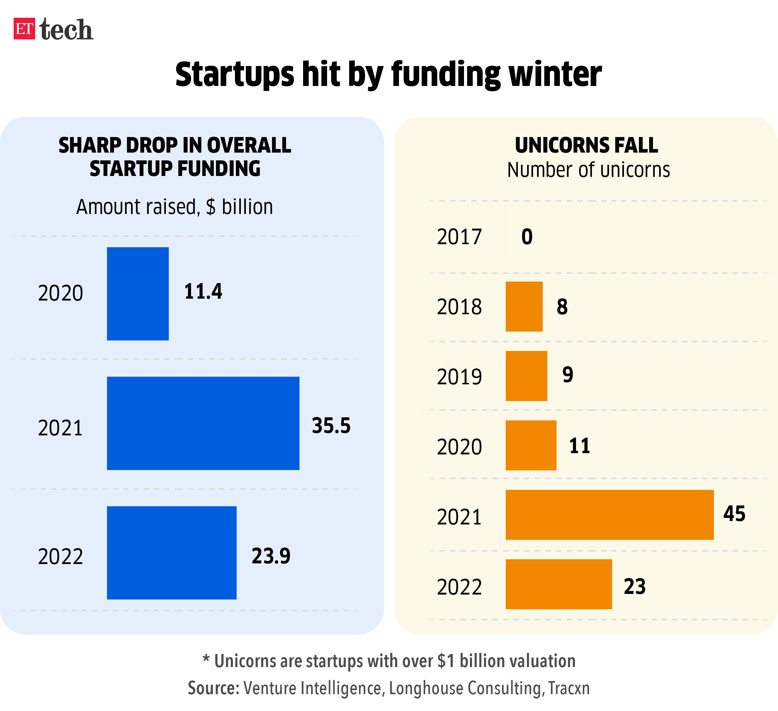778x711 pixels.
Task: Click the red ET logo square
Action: (x=24, y=29)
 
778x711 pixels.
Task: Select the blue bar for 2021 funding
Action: (x=203, y=423)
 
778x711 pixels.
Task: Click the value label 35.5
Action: (x=331, y=426)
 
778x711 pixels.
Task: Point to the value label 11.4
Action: (x=203, y=291)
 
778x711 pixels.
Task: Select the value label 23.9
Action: (x=271, y=556)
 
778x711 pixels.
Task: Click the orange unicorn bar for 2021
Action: (x=609, y=514)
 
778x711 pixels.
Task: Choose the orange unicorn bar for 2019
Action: (x=526, y=376)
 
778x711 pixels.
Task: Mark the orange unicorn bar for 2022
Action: (x=558, y=584)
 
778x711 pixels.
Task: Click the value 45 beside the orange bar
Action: (x=734, y=514)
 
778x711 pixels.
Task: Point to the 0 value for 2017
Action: (x=527, y=237)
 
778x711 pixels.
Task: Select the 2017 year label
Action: (x=459, y=237)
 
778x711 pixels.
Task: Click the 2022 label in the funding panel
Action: (x=61, y=557)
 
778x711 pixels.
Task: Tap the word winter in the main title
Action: (x=555, y=74)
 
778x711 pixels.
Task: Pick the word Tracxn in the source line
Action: (x=569, y=688)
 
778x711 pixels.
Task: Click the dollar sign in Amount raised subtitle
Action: (x=211, y=207)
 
